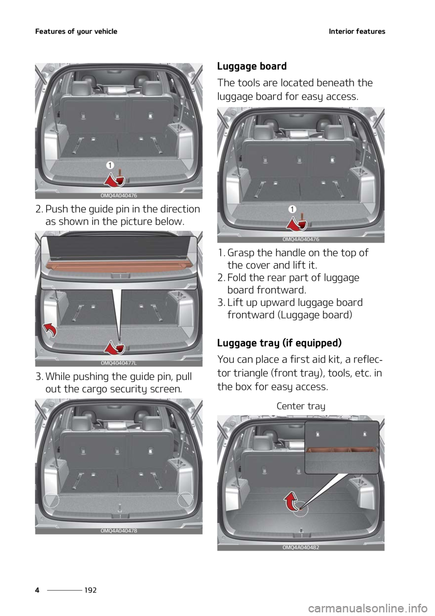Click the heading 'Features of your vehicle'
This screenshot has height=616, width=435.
[x=77, y=31]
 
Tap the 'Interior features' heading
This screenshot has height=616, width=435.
[x=357, y=31]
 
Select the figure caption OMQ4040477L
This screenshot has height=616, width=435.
[x=119, y=363]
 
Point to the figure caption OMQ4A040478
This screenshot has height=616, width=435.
[x=119, y=530]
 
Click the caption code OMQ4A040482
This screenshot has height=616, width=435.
[x=301, y=547]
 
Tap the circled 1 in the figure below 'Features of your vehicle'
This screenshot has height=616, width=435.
[x=111, y=164]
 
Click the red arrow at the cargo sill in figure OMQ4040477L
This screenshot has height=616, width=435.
[x=114, y=348]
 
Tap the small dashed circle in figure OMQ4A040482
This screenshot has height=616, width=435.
[x=300, y=510]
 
